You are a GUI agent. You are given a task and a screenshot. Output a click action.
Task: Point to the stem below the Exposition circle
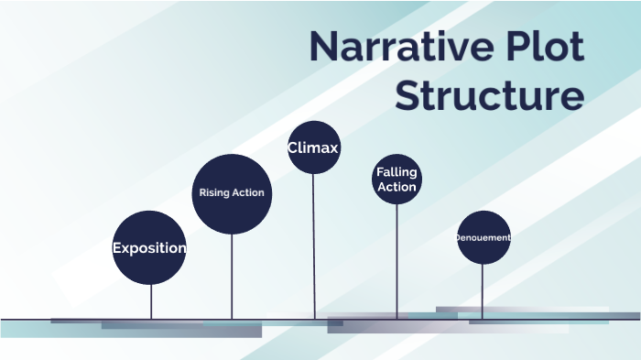151,300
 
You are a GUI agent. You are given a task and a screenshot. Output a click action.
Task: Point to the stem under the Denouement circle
483,291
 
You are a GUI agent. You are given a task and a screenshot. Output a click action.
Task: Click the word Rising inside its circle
215,193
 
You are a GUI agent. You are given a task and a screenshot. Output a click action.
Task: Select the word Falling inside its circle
397,172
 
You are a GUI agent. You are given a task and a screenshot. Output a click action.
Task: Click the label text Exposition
149,248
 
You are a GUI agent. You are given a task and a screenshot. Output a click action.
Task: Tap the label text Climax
313,147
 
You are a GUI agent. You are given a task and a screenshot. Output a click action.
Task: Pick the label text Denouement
483,238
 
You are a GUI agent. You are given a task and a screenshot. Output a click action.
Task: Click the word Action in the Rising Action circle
248,193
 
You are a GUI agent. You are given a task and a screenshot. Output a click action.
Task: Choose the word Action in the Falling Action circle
397,187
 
